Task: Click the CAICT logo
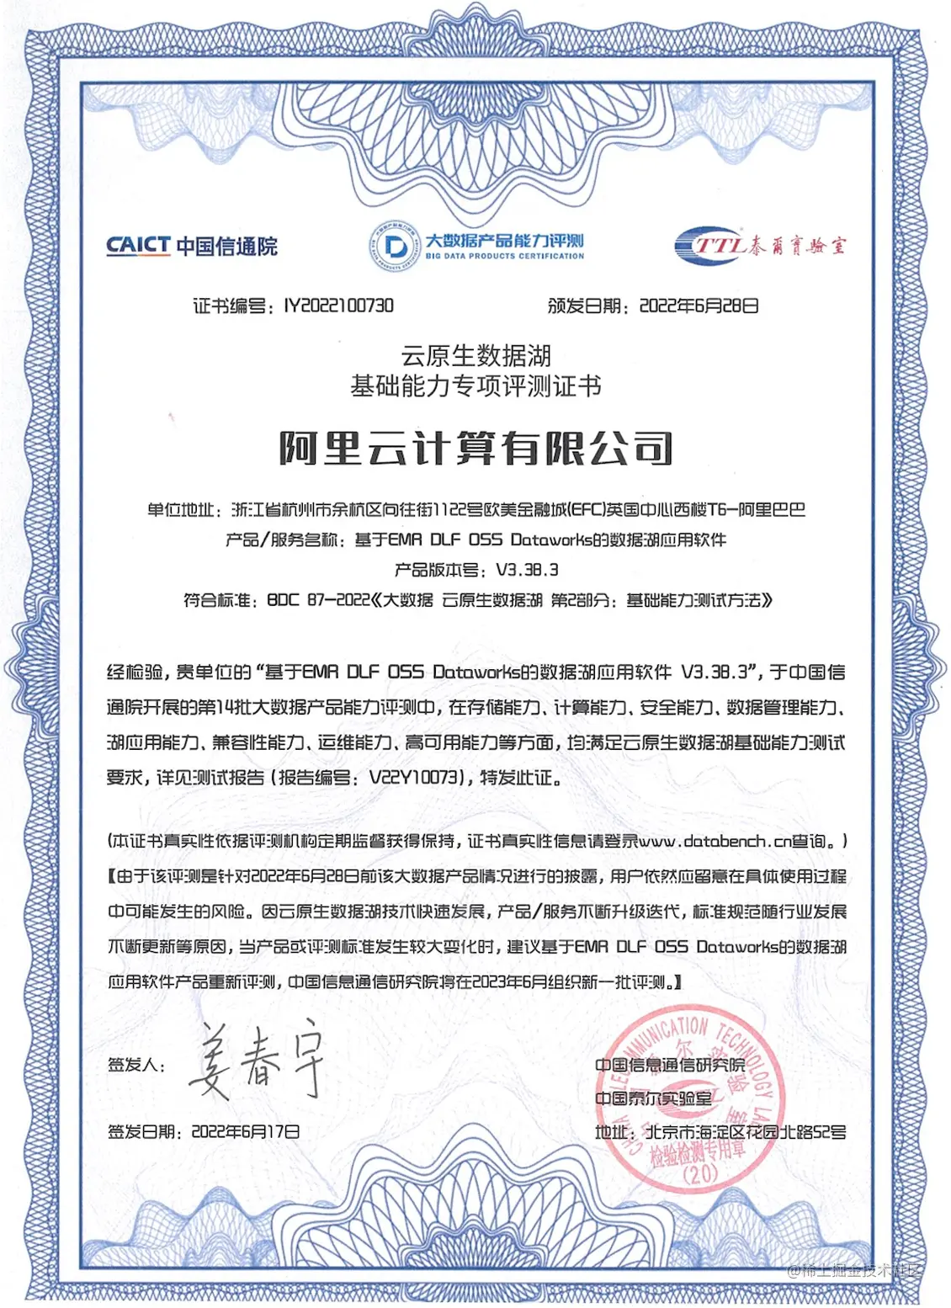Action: click(x=191, y=246)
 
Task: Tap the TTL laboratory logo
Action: click(x=759, y=245)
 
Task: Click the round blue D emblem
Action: click(x=394, y=246)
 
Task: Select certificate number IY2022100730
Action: click(x=338, y=306)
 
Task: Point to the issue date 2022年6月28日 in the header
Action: click(x=699, y=306)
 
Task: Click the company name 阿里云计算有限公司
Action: click(x=475, y=448)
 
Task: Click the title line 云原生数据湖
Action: click(x=475, y=355)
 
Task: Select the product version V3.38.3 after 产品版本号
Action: click(x=526, y=570)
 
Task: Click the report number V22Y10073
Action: click(x=417, y=778)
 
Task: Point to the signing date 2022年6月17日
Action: click(x=245, y=1132)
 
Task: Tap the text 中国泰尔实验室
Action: click(x=653, y=1098)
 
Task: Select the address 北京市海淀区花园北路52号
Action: click(x=745, y=1132)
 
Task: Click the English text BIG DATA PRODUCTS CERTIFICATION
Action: click(x=504, y=256)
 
